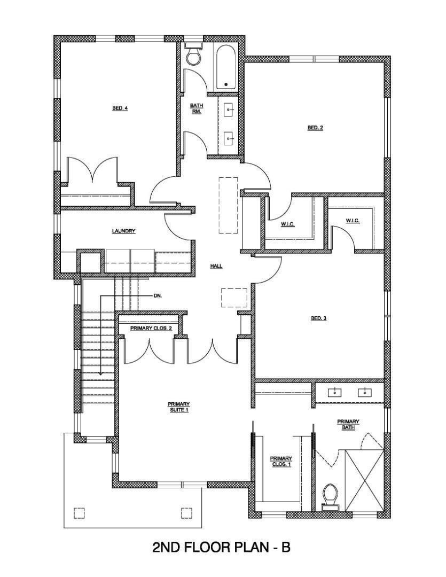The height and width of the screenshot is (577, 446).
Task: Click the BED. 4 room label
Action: pos(120,108)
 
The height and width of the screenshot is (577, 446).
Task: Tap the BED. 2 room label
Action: pos(315,127)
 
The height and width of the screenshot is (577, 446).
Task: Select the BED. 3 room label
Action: pos(318,318)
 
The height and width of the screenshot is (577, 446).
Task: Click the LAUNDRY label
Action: pos(123,231)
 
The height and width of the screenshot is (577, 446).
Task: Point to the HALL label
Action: pos(216,266)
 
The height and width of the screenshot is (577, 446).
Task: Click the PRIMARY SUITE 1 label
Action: pos(178,407)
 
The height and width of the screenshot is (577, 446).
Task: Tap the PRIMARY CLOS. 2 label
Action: pos(151,328)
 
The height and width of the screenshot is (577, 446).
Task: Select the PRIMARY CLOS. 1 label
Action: pos(280,461)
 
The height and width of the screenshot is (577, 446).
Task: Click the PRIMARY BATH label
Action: pos(348,424)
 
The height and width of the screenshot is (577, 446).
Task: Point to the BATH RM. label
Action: pos(196,108)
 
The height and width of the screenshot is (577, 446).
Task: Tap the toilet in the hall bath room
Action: pos(193,55)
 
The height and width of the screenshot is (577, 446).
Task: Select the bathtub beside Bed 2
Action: pos(226,67)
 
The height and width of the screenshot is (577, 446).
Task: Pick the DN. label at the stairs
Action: pos(157,295)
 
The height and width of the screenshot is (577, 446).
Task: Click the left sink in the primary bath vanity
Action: pos(335,393)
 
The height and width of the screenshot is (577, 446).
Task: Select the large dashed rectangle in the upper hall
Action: pos(228,205)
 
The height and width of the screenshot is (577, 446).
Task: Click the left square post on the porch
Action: pos(79,512)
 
